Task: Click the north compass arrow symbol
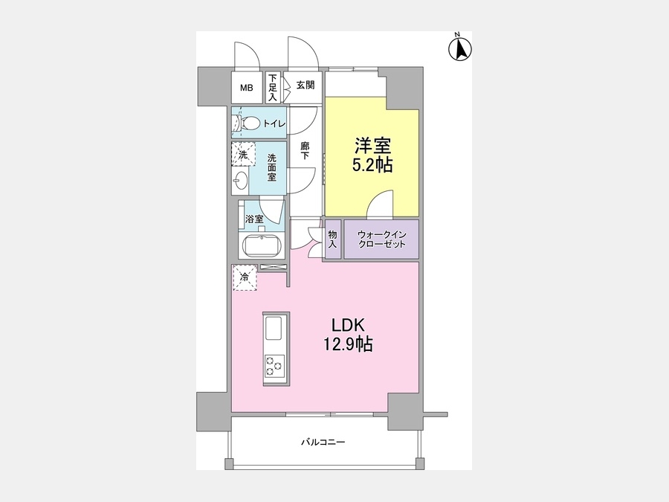(x=460, y=49)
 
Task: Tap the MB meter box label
(x=246, y=88)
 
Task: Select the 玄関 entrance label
(x=306, y=85)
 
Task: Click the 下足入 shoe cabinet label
(x=273, y=88)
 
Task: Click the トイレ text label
(x=274, y=123)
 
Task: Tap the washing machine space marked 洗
(x=243, y=154)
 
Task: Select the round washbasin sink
(x=240, y=181)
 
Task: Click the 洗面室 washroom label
(x=272, y=167)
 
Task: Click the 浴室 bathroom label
(x=254, y=219)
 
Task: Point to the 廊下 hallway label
(x=305, y=151)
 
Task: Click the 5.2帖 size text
(x=372, y=165)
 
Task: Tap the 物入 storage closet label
(x=333, y=239)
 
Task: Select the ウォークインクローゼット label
(x=382, y=239)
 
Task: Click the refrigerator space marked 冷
(x=245, y=277)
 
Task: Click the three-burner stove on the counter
(x=274, y=365)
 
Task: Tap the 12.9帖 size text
(x=348, y=344)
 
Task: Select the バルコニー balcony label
(x=323, y=443)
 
